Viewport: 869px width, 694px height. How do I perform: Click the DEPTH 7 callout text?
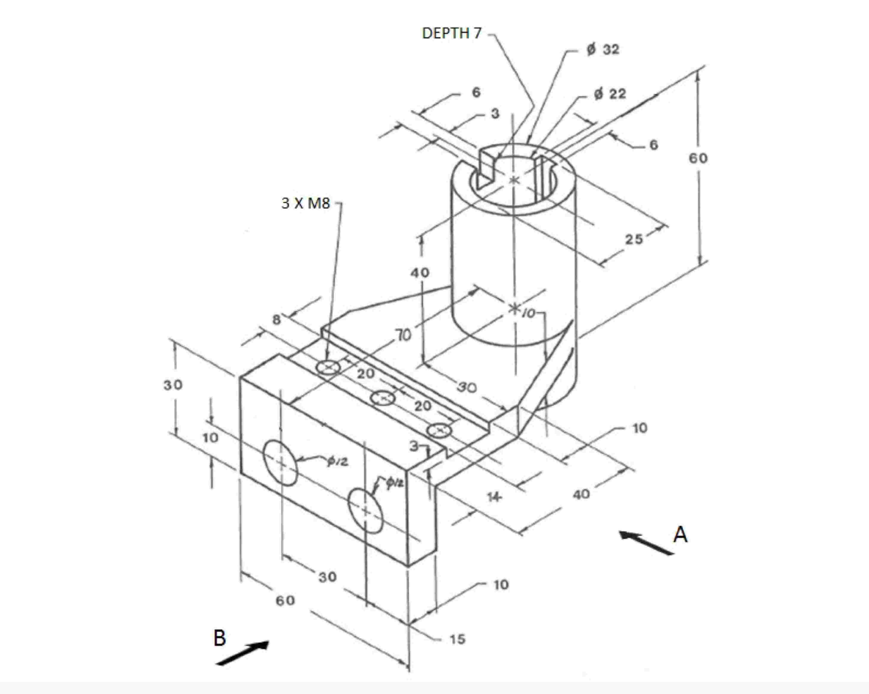click(x=452, y=33)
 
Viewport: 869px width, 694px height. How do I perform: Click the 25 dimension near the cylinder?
click(x=634, y=239)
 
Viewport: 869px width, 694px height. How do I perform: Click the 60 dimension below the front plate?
click(x=285, y=601)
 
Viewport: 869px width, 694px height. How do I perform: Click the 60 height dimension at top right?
click(x=698, y=158)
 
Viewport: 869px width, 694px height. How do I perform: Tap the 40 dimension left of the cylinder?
click(x=420, y=273)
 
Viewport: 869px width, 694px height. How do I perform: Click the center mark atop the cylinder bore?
click(x=514, y=180)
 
